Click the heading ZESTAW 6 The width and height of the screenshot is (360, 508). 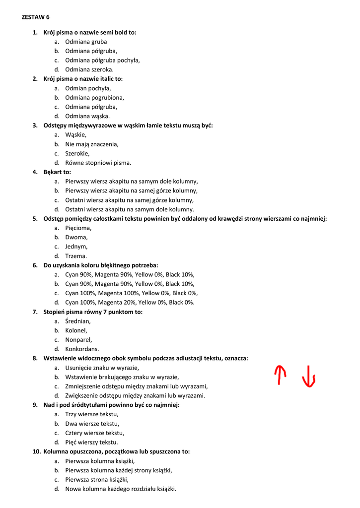[x=35, y=17]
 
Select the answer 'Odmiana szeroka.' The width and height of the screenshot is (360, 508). [x=89, y=69]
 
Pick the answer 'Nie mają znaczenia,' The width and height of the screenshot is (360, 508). [x=92, y=144]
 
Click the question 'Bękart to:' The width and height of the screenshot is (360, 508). [x=57, y=172]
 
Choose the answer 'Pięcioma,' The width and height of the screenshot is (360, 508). [x=78, y=228]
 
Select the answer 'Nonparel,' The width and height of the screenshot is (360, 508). [x=79, y=340]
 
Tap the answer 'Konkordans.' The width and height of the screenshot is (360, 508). [x=82, y=349]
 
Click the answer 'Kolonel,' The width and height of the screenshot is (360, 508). [x=76, y=330]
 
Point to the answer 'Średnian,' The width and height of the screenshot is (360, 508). [x=78, y=321]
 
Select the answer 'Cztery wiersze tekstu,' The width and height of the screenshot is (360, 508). [x=95, y=433]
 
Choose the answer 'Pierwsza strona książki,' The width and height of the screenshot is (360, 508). [x=97, y=480]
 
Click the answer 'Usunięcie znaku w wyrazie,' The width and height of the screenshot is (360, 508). [x=102, y=368]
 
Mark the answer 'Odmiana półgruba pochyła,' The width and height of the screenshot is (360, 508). [x=102, y=60]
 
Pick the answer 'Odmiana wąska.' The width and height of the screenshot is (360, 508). [x=87, y=116]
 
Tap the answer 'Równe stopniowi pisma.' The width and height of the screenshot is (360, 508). [x=98, y=163]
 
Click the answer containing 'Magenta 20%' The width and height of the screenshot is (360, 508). [x=130, y=303]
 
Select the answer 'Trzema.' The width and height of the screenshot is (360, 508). [x=76, y=256]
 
